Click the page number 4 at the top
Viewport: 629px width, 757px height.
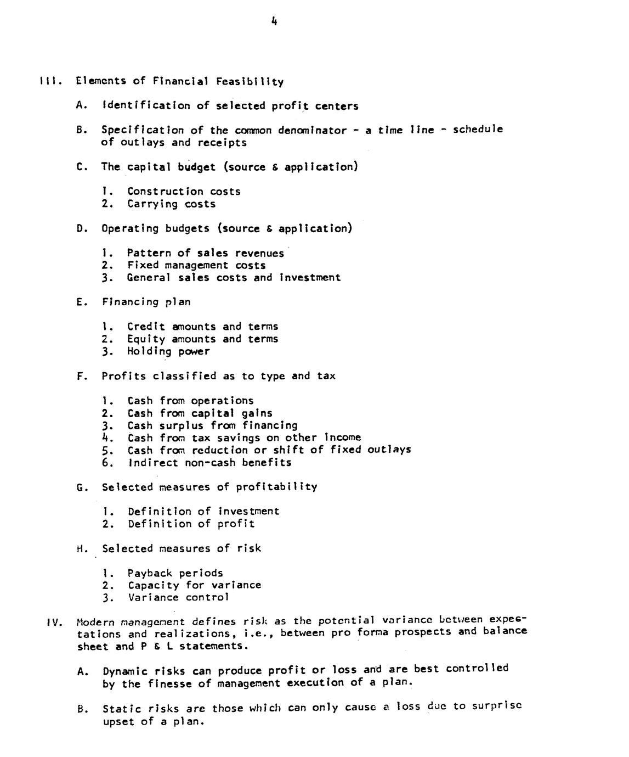pos(274,21)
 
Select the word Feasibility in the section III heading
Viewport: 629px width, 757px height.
pos(250,82)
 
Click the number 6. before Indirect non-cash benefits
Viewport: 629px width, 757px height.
pos(107,463)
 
